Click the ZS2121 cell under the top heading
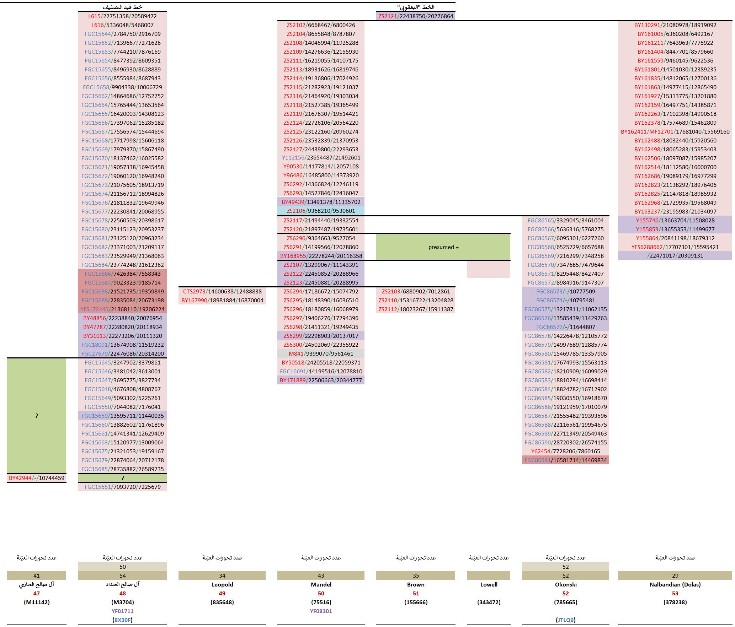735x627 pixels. pos(416,16)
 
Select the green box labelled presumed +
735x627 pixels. pos(443,247)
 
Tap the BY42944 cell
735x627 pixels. pos(37,478)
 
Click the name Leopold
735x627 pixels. pos(222,584)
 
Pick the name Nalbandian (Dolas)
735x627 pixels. pos(675,584)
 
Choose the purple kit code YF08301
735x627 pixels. pos(321,611)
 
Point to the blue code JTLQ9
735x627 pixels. pos(565,620)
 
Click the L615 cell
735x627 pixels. pos(122,16)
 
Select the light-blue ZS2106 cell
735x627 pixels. pos(321,211)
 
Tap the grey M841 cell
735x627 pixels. pos(321,353)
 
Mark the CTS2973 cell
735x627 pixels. pos(222,291)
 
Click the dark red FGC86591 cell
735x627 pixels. pos(565,460)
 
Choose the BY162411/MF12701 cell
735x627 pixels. pos(675,131)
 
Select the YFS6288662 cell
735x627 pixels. pos(675,247)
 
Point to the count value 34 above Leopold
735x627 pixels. pos(222,575)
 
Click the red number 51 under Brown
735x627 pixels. pos(416,593)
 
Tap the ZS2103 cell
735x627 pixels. pos(416,291)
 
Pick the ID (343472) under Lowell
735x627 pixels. pos(489,602)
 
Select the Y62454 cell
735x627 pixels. pos(565,451)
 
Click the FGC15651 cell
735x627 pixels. pos(122,487)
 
